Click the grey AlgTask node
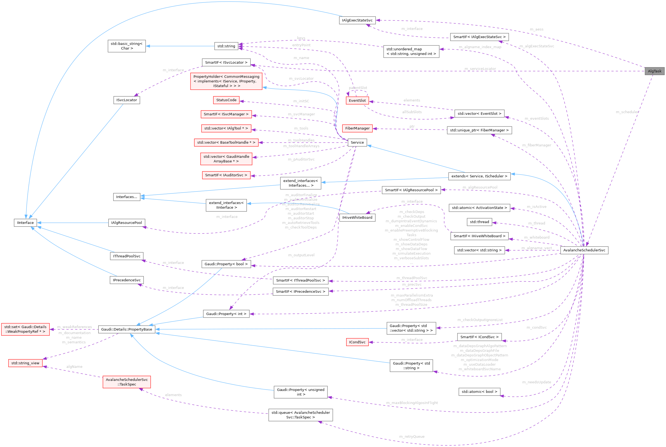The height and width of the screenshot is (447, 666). (654, 71)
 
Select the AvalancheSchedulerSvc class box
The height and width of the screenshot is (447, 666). (584, 250)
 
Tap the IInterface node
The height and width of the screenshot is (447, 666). (25, 223)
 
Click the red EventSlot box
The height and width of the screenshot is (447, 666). (357, 100)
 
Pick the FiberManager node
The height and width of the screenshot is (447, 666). (357, 128)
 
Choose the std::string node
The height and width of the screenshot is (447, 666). (226, 46)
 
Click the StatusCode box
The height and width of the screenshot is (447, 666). (226, 100)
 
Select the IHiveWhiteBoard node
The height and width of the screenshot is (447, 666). (357, 217)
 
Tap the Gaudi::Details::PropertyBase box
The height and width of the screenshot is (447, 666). (127, 329)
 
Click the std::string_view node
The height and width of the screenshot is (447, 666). (25, 363)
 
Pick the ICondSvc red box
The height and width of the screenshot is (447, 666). (357, 342)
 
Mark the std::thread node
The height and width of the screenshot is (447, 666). (479, 222)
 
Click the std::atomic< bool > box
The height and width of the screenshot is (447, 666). (479, 391)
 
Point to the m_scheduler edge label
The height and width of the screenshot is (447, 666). (627, 112)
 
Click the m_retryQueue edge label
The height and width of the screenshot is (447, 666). (412, 436)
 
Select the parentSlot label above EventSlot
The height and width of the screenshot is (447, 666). (358, 88)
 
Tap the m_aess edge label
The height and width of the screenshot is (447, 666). (536, 29)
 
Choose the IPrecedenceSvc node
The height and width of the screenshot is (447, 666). (127, 280)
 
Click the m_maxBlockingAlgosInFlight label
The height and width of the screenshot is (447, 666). (412, 403)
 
